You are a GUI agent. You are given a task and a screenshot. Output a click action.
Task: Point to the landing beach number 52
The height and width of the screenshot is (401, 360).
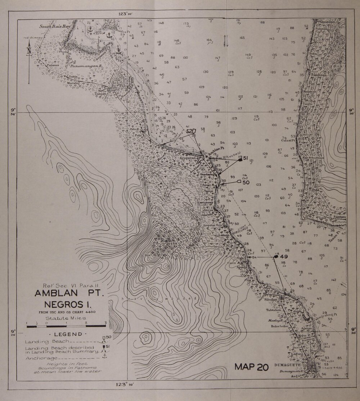pos(191,131)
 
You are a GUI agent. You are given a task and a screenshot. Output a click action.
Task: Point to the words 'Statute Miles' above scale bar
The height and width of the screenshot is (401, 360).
pos(66,318)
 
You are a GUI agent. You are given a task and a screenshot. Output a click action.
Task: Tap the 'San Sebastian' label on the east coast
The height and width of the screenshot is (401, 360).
pos(311,158)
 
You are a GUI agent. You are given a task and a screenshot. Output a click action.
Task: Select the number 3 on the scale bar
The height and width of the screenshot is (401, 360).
pos(105,323)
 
